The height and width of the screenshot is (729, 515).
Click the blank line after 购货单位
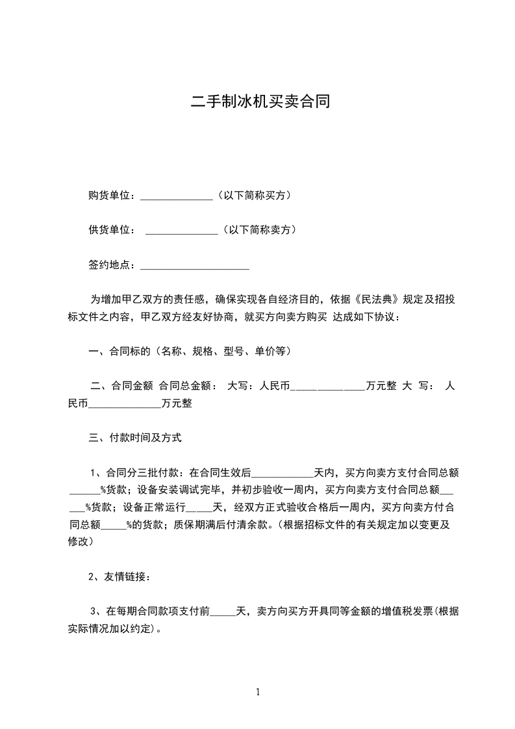pyautogui.click(x=176, y=196)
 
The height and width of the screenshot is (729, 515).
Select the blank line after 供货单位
pyautogui.click(x=182, y=231)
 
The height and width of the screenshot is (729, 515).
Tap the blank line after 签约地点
pyautogui.click(x=195, y=266)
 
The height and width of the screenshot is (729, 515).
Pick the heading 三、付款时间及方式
pyautogui.click(x=134, y=438)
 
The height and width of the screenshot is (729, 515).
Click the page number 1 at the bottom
pyautogui.click(x=258, y=692)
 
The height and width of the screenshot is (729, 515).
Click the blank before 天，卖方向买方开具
pyautogui.click(x=222, y=611)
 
